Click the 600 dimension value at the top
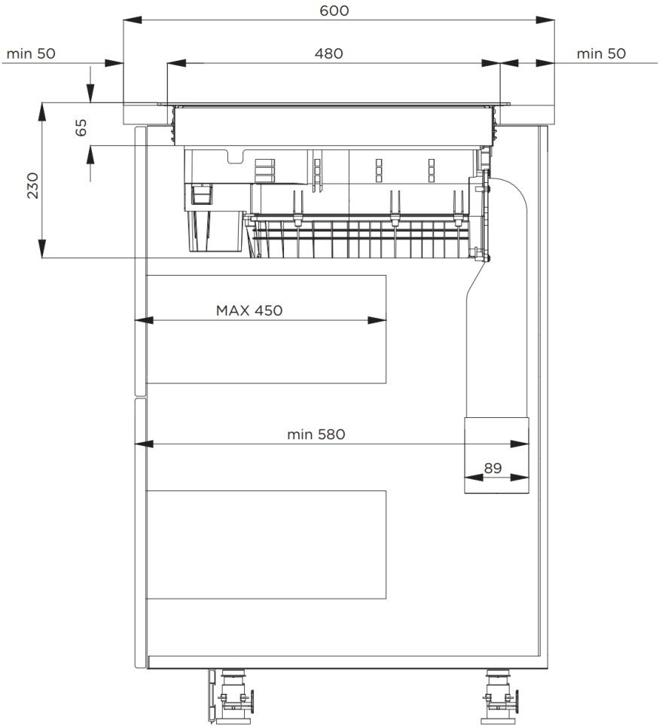[334, 11]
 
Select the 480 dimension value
[329, 53]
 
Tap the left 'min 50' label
[31, 53]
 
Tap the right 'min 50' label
[601, 53]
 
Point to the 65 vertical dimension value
[81, 127]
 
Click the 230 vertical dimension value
[32, 185]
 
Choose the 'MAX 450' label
[249, 310]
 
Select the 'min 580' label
[316, 435]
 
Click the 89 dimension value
[493, 468]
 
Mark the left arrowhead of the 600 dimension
[132, 20]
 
